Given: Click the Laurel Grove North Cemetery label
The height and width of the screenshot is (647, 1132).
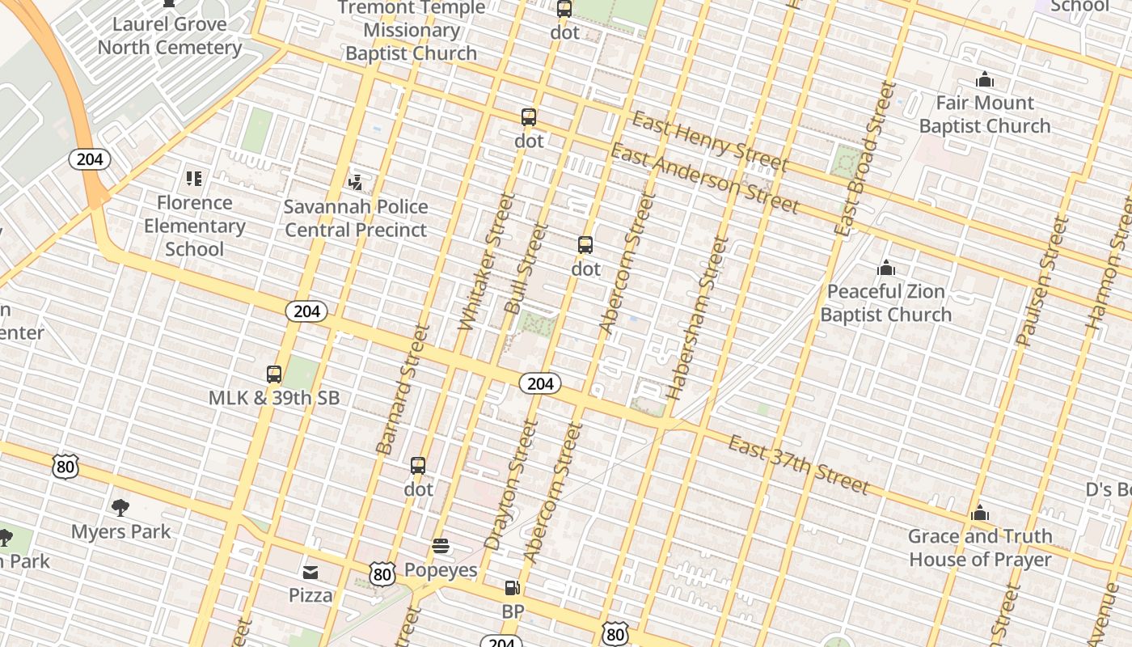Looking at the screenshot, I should pyautogui.click(x=169, y=36).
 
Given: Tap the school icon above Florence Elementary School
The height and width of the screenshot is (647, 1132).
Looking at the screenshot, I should pyautogui.click(x=193, y=178).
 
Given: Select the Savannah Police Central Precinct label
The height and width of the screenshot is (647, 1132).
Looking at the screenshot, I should pyautogui.click(x=356, y=218).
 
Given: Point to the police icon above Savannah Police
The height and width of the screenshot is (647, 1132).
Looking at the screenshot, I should pyautogui.click(x=356, y=182).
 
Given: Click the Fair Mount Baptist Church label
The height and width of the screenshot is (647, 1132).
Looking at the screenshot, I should pyautogui.click(x=984, y=114).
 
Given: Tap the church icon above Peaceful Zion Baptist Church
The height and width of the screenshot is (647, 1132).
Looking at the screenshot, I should pyautogui.click(x=886, y=268).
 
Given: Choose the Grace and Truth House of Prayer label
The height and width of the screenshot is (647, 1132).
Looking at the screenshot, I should pyautogui.click(x=980, y=548).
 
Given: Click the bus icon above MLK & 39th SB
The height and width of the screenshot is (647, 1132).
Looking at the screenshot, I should pyautogui.click(x=274, y=374).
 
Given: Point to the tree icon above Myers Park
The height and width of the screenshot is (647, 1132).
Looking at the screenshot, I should pyautogui.click(x=120, y=508).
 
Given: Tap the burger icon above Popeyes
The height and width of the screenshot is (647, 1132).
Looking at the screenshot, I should pyautogui.click(x=441, y=546).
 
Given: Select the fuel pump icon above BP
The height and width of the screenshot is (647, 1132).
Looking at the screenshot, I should pyautogui.click(x=513, y=588).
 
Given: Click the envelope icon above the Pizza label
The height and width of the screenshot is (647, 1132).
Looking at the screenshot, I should pyautogui.click(x=310, y=573).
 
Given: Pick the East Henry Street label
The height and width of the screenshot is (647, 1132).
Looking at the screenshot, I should pyautogui.click(x=708, y=142).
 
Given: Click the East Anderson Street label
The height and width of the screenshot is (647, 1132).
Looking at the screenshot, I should pyautogui.click(x=704, y=177).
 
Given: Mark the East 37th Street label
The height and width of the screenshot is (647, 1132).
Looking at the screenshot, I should pyautogui.click(x=798, y=464).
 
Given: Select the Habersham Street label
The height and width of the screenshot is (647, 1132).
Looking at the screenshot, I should pyautogui.click(x=697, y=318).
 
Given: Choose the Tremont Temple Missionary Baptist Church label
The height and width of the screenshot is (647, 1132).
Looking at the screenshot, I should pyautogui.click(x=412, y=31).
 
